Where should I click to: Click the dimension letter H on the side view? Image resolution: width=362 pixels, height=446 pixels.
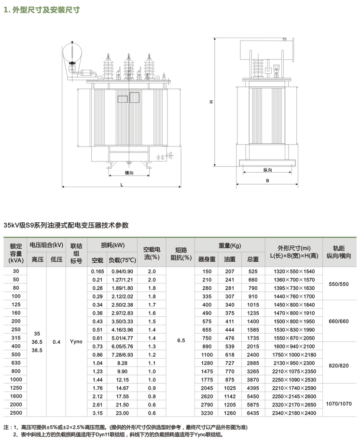(211, 102)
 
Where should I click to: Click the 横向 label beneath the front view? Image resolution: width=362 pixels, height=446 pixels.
(128, 172)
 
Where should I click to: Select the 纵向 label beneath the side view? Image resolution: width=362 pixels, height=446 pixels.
(268, 170)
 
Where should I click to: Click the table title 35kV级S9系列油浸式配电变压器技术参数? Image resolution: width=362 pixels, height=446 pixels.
(66, 225)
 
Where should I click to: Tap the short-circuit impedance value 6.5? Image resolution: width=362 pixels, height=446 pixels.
(181, 341)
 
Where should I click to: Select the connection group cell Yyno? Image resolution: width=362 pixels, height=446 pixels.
(76, 341)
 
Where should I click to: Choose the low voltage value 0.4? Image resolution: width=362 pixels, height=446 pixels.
(56, 341)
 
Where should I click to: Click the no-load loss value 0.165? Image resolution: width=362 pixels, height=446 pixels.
(97, 271)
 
